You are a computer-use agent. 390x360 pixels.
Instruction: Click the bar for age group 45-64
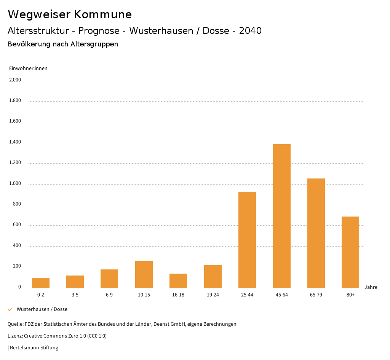tap(281, 216)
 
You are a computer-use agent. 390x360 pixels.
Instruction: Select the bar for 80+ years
tap(350, 252)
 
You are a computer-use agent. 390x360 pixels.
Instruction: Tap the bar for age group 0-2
tap(41, 283)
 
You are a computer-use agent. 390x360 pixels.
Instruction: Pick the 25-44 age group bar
tap(247, 240)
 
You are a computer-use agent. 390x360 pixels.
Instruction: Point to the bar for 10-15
tap(144, 274)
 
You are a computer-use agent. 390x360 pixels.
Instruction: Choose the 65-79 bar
tap(316, 233)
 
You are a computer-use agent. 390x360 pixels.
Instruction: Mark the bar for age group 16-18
tap(178, 281)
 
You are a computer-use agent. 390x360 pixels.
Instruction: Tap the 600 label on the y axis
tap(18, 225)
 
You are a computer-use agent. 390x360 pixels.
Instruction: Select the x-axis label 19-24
tap(213, 295)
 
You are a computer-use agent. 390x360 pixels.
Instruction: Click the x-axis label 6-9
tap(109, 295)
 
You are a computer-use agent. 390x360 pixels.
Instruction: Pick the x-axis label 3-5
tap(75, 295)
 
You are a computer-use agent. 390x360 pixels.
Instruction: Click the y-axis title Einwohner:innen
tap(28, 68)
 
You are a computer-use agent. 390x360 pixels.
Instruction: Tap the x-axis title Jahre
tap(371, 287)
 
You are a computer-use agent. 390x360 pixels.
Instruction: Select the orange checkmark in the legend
tap(10, 309)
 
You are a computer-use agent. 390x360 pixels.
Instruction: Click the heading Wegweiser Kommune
tap(70, 14)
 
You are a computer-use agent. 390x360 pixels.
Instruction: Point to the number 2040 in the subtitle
tap(250, 31)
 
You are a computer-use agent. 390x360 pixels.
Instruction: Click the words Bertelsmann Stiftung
tap(34, 348)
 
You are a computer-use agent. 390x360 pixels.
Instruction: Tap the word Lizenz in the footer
tap(14, 336)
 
